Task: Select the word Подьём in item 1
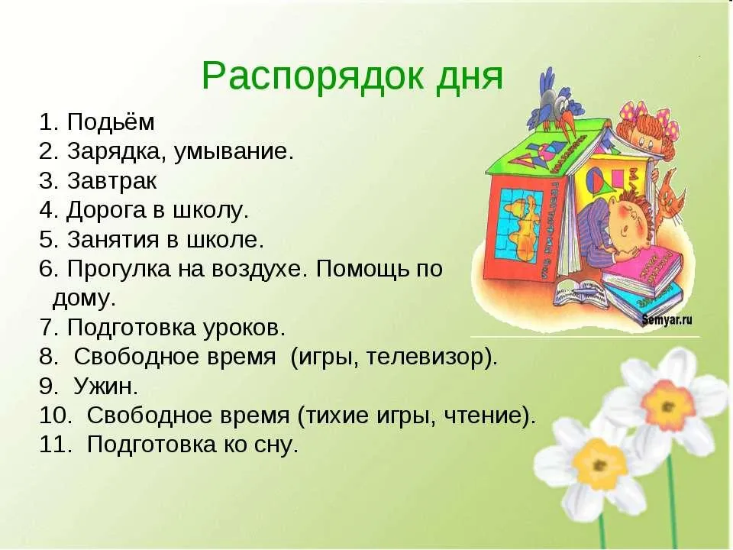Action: (x=111, y=122)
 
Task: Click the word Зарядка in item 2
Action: (x=116, y=153)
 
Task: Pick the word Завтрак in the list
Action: (x=112, y=181)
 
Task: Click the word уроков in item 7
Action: (x=244, y=328)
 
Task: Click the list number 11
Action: (x=53, y=445)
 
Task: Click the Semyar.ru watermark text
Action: (x=667, y=320)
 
